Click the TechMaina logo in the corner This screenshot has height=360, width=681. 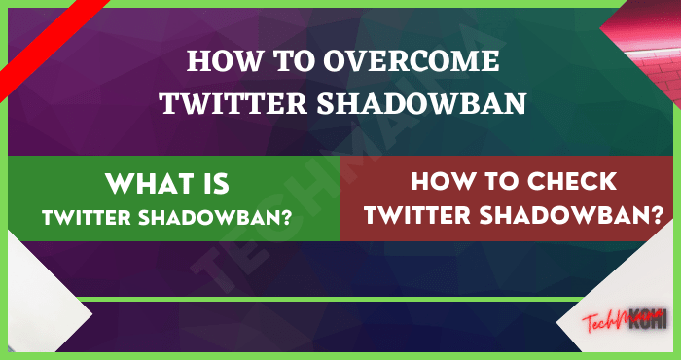tap(623, 320)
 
